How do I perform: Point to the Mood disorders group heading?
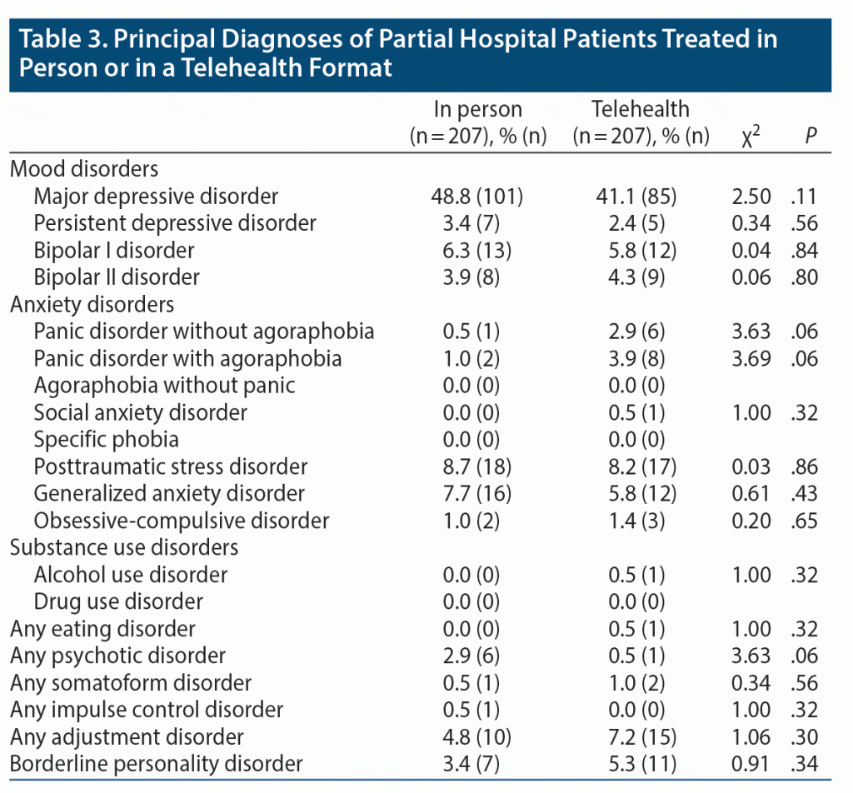[83, 169]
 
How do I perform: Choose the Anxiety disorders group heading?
[92, 304]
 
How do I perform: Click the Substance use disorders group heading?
[124, 547]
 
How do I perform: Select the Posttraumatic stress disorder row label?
[171, 466]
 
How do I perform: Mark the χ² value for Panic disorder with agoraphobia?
[751, 358]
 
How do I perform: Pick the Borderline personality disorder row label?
[156, 764]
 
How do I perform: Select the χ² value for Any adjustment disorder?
[751, 737]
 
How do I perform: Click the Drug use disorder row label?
[117, 601]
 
